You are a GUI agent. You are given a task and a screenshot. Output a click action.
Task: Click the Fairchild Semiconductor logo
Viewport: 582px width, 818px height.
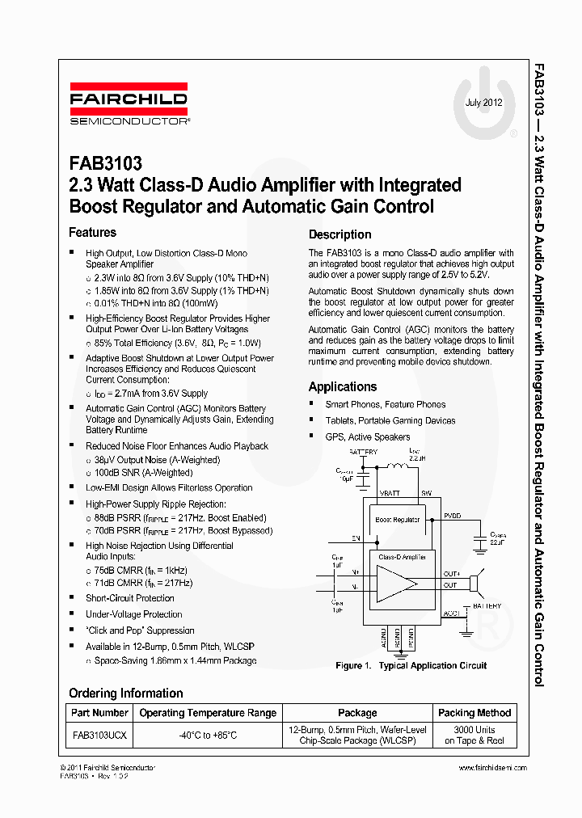click(x=129, y=104)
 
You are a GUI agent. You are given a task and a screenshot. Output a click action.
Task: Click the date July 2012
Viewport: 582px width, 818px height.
click(x=483, y=103)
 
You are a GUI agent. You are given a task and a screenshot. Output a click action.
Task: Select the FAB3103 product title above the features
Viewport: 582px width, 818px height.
click(x=105, y=165)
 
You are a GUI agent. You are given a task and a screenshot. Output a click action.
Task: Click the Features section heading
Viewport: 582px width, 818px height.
click(x=92, y=233)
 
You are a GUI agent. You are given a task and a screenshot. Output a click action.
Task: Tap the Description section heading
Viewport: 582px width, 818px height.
click(x=339, y=234)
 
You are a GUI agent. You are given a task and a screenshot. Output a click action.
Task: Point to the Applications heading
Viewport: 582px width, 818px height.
click(x=343, y=387)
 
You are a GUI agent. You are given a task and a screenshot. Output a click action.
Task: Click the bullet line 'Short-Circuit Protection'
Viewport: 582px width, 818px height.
click(x=130, y=598)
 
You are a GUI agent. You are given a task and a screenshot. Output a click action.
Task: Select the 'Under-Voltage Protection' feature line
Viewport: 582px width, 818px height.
click(x=134, y=614)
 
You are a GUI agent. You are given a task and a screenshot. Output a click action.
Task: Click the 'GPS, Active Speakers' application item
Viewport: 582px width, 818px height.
click(x=368, y=436)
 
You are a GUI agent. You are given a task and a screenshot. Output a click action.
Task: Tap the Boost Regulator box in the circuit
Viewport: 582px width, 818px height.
click(x=398, y=520)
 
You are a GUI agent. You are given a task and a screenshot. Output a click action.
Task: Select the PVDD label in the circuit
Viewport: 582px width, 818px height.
click(x=453, y=515)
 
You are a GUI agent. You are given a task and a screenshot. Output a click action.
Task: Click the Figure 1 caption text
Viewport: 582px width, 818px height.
click(x=411, y=666)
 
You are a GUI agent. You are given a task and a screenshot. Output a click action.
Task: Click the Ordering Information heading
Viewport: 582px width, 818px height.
click(x=125, y=693)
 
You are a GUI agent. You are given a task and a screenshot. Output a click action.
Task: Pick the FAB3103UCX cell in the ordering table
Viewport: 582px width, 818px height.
click(x=99, y=735)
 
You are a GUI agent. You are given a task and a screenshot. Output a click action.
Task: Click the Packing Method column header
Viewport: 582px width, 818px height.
click(x=474, y=713)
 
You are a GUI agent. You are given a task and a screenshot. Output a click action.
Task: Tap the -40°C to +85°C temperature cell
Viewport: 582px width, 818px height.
click(x=208, y=735)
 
